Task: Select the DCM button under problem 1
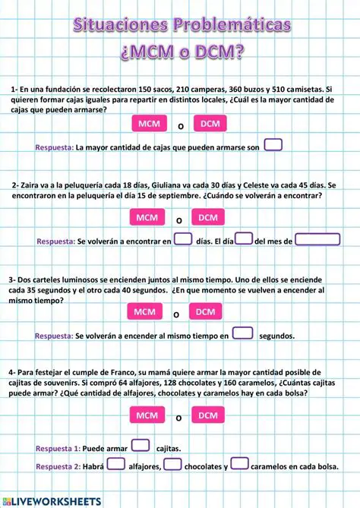click(210, 124)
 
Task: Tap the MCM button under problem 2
click(148, 218)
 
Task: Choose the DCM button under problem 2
click(207, 218)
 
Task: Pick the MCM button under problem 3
click(145, 312)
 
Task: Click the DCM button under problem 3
click(206, 312)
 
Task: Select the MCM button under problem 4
click(147, 415)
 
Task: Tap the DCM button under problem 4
click(208, 415)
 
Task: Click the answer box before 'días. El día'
click(183, 239)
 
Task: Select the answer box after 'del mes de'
click(317, 239)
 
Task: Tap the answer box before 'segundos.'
click(242, 333)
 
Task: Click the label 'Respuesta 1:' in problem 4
click(58, 449)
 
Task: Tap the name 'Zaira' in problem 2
click(32, 185)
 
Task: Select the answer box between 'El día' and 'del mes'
click(244, 239)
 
